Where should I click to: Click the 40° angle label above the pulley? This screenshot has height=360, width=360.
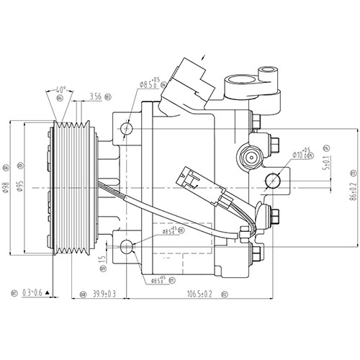(x=62, y=90)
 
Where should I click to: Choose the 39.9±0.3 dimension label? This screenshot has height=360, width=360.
(x=104, y=294)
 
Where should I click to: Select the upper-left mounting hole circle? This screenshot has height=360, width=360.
(x=127, y=129)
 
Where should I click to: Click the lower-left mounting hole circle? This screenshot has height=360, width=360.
(x=127, y=248)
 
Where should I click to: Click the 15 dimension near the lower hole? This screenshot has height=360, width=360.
(x=102, y=258)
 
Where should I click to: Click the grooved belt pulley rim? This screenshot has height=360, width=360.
(x=73, y=189)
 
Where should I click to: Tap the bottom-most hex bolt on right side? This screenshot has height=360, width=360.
(x=257, y=256)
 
